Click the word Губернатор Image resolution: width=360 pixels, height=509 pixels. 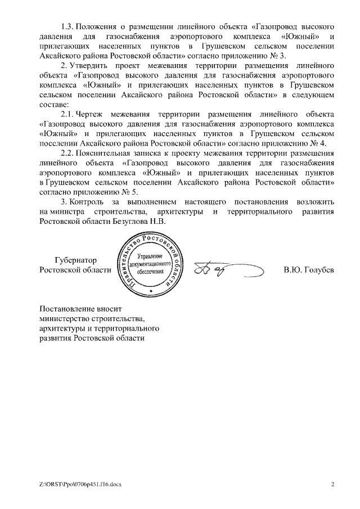pyautogui.click(x=76, y=260)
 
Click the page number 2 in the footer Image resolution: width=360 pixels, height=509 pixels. pyautogui.click(x=332, y=483)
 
